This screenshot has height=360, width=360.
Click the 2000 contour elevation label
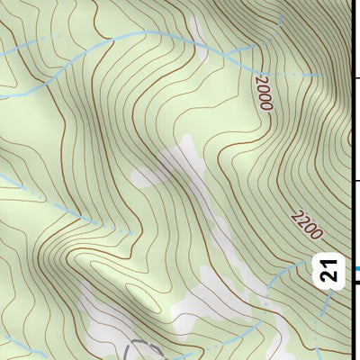click(x=264, y=93)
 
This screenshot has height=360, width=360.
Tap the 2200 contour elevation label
click(x=306, y=224)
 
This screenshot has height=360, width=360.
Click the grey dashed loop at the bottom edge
click(x=144, y=349)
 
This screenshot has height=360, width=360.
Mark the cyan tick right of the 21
click(x=355, y=268)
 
